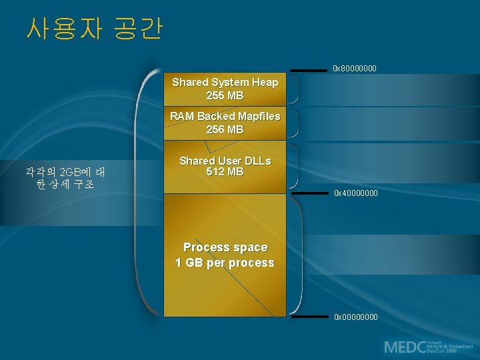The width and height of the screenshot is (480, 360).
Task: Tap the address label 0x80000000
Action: click(355, 69)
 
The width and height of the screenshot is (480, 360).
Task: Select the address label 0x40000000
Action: click(355, 193)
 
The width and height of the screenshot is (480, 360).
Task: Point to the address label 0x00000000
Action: click(355, 317)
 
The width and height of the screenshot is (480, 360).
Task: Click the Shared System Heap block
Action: click(225, 89)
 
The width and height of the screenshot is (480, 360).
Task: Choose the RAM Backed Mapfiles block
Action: click(225, 123)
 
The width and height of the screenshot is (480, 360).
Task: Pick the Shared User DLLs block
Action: click(225, 167)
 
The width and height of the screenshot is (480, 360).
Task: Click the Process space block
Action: click(225, 255)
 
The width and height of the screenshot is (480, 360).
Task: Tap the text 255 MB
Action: click(225, 96)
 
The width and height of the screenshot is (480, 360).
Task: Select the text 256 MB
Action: click(225, 129)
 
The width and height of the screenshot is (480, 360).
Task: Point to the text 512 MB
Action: click(225, 173)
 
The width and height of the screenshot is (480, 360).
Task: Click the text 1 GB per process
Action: click(225, 263)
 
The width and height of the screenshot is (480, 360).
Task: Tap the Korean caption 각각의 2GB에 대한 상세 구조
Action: click(65, 178)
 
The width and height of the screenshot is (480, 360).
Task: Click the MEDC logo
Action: click(427, 347)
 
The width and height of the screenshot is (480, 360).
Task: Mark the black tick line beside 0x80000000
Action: click(309, 69)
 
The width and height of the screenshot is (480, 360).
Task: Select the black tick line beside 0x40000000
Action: click(310, 193)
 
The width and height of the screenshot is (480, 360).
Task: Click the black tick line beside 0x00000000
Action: click(310, 317)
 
